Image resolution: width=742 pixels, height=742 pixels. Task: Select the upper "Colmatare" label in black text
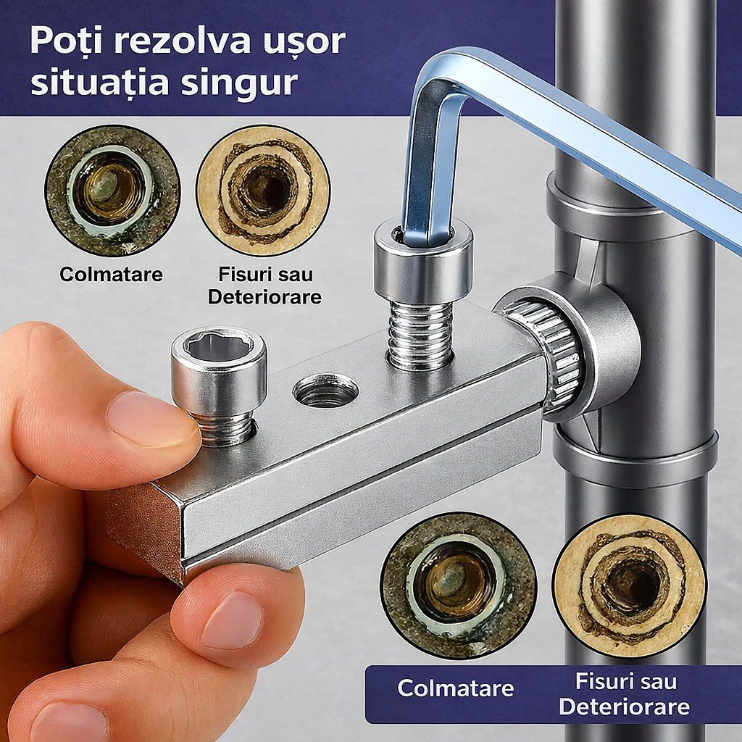point(111,275)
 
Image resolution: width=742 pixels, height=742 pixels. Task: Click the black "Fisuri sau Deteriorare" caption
point(264,285)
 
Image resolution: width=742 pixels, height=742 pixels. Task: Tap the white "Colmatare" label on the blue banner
point(455,688)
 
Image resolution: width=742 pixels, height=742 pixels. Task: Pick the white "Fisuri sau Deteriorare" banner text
point(624,695)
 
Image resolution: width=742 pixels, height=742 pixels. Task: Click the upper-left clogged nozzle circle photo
point(112,191)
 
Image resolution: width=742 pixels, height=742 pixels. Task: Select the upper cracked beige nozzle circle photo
point(264,191)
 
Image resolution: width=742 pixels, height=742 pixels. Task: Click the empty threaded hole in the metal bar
point(325,391)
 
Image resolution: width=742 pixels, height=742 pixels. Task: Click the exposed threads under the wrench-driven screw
point(420,334)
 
